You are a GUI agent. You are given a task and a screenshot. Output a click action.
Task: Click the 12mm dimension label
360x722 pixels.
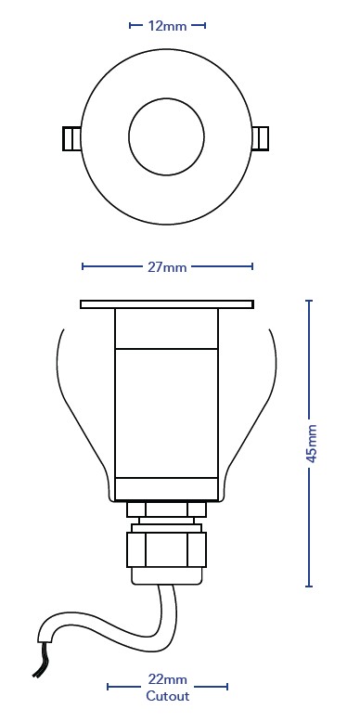[x=167, y=26]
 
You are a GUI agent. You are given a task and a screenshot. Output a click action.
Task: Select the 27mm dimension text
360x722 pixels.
[x=167, y=267]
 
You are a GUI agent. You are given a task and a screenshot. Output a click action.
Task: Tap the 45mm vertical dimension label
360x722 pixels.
[x=312, y=443]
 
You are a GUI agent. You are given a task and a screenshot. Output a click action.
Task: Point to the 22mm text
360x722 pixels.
[x=167, y=679]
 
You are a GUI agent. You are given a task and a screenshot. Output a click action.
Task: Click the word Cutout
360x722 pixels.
[x=168, y=696]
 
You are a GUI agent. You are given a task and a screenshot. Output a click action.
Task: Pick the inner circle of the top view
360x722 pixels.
[x=166, y=97]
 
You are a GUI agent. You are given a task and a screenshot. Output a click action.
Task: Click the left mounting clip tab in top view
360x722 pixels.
[x=71, y=138]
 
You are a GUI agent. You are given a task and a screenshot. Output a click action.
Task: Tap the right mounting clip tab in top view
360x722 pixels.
[x=261, y=137]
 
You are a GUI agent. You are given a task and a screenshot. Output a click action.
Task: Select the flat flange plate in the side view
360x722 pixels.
[x=167, y=304]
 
